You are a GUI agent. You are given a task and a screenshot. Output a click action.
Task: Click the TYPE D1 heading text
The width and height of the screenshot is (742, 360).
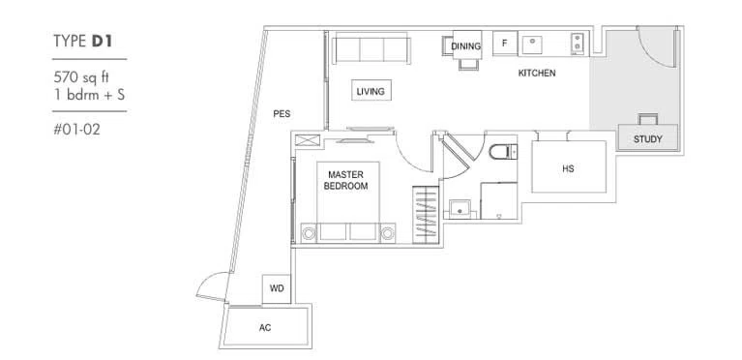[x=83, y=42]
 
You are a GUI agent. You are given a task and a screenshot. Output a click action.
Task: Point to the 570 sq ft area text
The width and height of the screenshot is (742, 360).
[x=81, y=76]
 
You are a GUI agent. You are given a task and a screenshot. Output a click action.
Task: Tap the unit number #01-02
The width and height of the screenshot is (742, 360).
[x=76, y=130]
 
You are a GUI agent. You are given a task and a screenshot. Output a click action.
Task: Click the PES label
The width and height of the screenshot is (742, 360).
[x=282, y=113]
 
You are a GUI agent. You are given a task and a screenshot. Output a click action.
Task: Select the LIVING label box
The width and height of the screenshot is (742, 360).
[x=371, y=90]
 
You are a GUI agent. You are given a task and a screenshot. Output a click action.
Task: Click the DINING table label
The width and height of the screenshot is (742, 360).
[x=466, y=45]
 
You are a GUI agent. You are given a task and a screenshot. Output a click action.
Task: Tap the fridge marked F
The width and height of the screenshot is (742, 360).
[x=504, y=44]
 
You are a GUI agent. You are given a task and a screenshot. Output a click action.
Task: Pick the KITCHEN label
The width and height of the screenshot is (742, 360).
[x=537, y=73]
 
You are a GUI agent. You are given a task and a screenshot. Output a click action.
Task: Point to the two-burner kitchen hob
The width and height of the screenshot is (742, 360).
[x=577, y=42]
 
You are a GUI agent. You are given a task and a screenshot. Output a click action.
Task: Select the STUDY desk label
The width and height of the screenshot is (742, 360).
[x=648, y=139]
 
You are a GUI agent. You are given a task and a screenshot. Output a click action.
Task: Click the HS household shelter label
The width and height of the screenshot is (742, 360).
[x=568, y=168]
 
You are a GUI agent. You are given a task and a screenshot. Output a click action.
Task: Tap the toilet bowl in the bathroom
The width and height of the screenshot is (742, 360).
[x=503, y=152]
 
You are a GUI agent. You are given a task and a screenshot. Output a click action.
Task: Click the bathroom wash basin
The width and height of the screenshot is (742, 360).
[x=460, y=208]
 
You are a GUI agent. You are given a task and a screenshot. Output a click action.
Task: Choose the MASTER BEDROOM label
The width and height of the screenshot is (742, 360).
[x=346, y=180]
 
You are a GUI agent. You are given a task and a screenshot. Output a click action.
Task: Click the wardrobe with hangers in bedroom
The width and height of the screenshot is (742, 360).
[x=426, y=215]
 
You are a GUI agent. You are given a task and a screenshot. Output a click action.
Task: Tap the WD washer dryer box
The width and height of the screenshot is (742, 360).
[x=277, y=288]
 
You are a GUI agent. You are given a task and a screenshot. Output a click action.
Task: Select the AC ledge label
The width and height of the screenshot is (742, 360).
[x=265, y=327]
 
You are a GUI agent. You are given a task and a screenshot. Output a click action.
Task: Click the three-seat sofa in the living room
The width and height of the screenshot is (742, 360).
[x=371, y=48]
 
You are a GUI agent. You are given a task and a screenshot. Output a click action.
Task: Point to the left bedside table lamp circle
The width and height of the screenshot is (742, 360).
[x=309, y=233]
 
